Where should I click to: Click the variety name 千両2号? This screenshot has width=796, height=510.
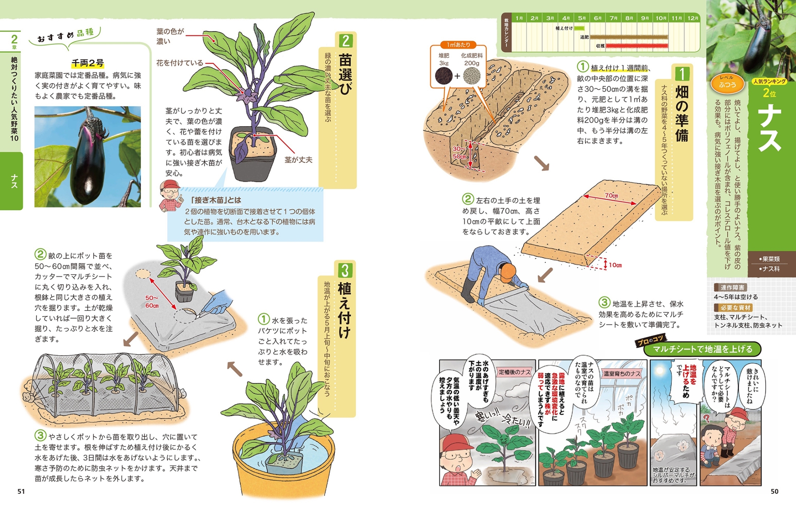88,63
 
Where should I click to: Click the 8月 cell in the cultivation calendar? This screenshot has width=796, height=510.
629,18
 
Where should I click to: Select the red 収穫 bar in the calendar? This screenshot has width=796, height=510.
636,46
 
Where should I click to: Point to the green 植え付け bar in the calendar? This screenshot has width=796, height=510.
579,28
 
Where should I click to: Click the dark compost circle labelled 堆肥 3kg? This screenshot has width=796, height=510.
443,76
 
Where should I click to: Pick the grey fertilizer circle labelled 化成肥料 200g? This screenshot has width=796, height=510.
472,76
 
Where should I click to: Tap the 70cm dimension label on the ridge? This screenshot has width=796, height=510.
611,195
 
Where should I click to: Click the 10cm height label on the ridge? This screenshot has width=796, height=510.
615,265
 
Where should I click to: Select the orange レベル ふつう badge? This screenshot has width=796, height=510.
727,83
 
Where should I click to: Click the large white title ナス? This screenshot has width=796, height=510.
770,127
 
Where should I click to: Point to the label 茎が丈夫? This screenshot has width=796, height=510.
298,160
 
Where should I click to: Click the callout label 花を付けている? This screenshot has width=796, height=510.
179,63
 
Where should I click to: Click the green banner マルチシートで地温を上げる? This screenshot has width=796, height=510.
702,349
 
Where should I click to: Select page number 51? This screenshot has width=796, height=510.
21,491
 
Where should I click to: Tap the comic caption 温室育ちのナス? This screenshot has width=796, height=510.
622,373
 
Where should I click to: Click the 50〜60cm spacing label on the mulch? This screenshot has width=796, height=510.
152,302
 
